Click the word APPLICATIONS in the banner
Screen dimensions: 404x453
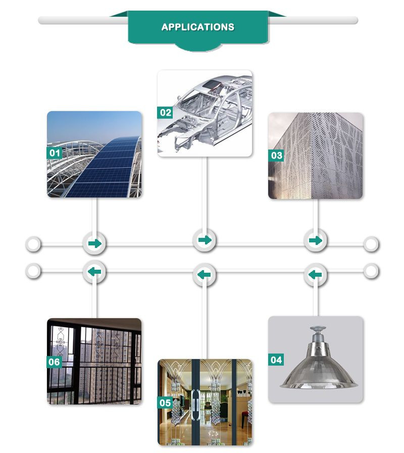(x=197, y=27)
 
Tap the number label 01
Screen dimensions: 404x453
(x=55, y=153)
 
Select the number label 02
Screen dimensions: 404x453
(x=165, y=113)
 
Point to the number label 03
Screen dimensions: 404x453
(x=276, y=156)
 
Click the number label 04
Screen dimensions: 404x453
(x=276, y=360)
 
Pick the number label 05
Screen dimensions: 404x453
(x=165, y=402)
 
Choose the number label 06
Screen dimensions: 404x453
(x=55, y=362)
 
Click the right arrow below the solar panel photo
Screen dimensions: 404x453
(x=95, y=243)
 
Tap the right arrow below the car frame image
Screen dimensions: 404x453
(x=205, y=240)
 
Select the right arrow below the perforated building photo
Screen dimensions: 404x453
(x=316, y=240)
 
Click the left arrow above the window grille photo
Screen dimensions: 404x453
(x=94, y=272)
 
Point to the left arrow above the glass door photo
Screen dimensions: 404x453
(x=204, y=274)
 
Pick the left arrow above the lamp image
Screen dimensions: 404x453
(x=315, y=274)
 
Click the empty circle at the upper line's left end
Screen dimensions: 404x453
(x=33, y=244)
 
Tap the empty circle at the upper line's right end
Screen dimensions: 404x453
(x=371, y=244)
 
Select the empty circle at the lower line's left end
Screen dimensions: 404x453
(x=33, y=271)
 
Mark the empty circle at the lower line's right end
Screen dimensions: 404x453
(x=371, y=271)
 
